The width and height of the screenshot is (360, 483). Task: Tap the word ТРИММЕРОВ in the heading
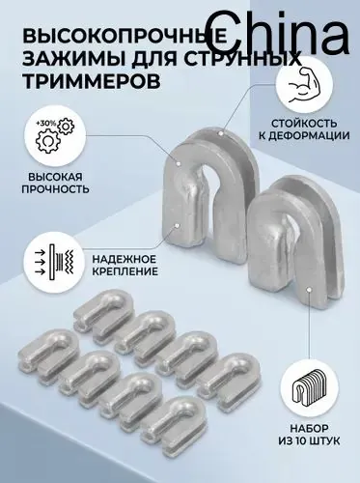tap(92, 81)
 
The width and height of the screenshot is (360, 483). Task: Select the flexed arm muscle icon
tap(304, 87)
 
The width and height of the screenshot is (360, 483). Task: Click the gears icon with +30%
tap(55, 136)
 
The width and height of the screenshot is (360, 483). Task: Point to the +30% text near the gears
tap(46, 123)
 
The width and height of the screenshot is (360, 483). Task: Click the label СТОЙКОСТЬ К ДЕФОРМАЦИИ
tap(304, 129)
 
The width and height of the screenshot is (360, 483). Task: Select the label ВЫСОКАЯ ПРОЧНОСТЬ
tap(55, 183)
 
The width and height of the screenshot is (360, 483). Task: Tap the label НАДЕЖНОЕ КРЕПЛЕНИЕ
tap(125, 265)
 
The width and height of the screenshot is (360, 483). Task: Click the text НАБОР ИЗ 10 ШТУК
tap(309, 435)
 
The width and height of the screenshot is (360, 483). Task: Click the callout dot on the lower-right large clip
tap(309, 290)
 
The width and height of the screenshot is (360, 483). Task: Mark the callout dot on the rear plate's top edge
tap(220, 132)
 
